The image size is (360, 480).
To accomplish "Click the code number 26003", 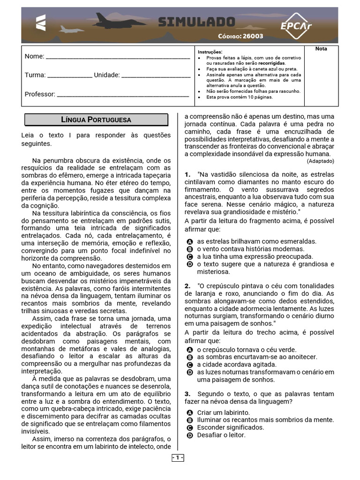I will tap(253, 36).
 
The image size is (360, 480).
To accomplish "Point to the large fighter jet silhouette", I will tap(113, 20).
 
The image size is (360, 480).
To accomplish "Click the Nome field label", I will tap(34, 56).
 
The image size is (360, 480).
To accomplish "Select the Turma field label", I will tap(35, 75).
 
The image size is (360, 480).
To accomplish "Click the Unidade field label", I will tap(107, 75).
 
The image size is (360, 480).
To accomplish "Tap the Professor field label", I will tap(40, 94).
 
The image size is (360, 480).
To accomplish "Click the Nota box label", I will tap(321, 49).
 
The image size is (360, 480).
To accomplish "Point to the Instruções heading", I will tap(210, 51).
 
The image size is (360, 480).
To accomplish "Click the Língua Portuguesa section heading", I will tap(96, 120).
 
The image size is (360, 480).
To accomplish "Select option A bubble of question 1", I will tap(190, 242).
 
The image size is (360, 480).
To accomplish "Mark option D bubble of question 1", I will tap(190, 264).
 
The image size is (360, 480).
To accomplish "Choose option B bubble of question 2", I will tap(190, 357).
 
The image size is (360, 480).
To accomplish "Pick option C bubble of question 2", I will tap(190, 365).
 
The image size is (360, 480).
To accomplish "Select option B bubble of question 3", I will tap(190, 420).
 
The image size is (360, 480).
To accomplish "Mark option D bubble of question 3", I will tap(190, 435).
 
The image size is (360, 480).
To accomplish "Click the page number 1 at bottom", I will tap(178, 457).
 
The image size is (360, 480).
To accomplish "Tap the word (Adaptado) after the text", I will tap(321, 161).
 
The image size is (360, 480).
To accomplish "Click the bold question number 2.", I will tap(187, 286).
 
